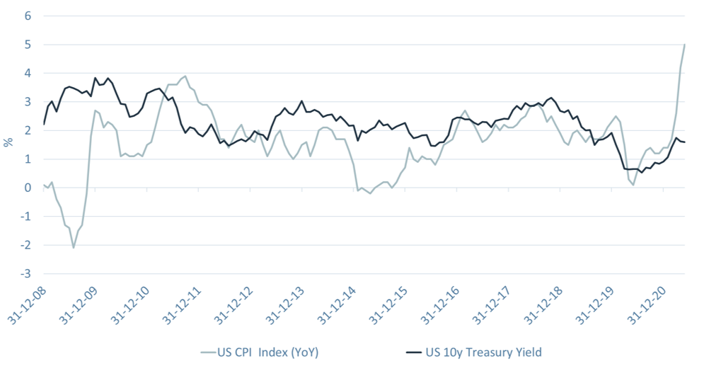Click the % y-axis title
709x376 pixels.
click(x=8, y=142)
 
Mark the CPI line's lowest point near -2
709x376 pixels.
click(x=73, y=247)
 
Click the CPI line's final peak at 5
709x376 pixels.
click(x=685, y=45)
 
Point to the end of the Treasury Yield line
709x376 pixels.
click(x=685, y=142)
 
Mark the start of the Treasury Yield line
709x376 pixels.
click(x=44, y=125)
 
